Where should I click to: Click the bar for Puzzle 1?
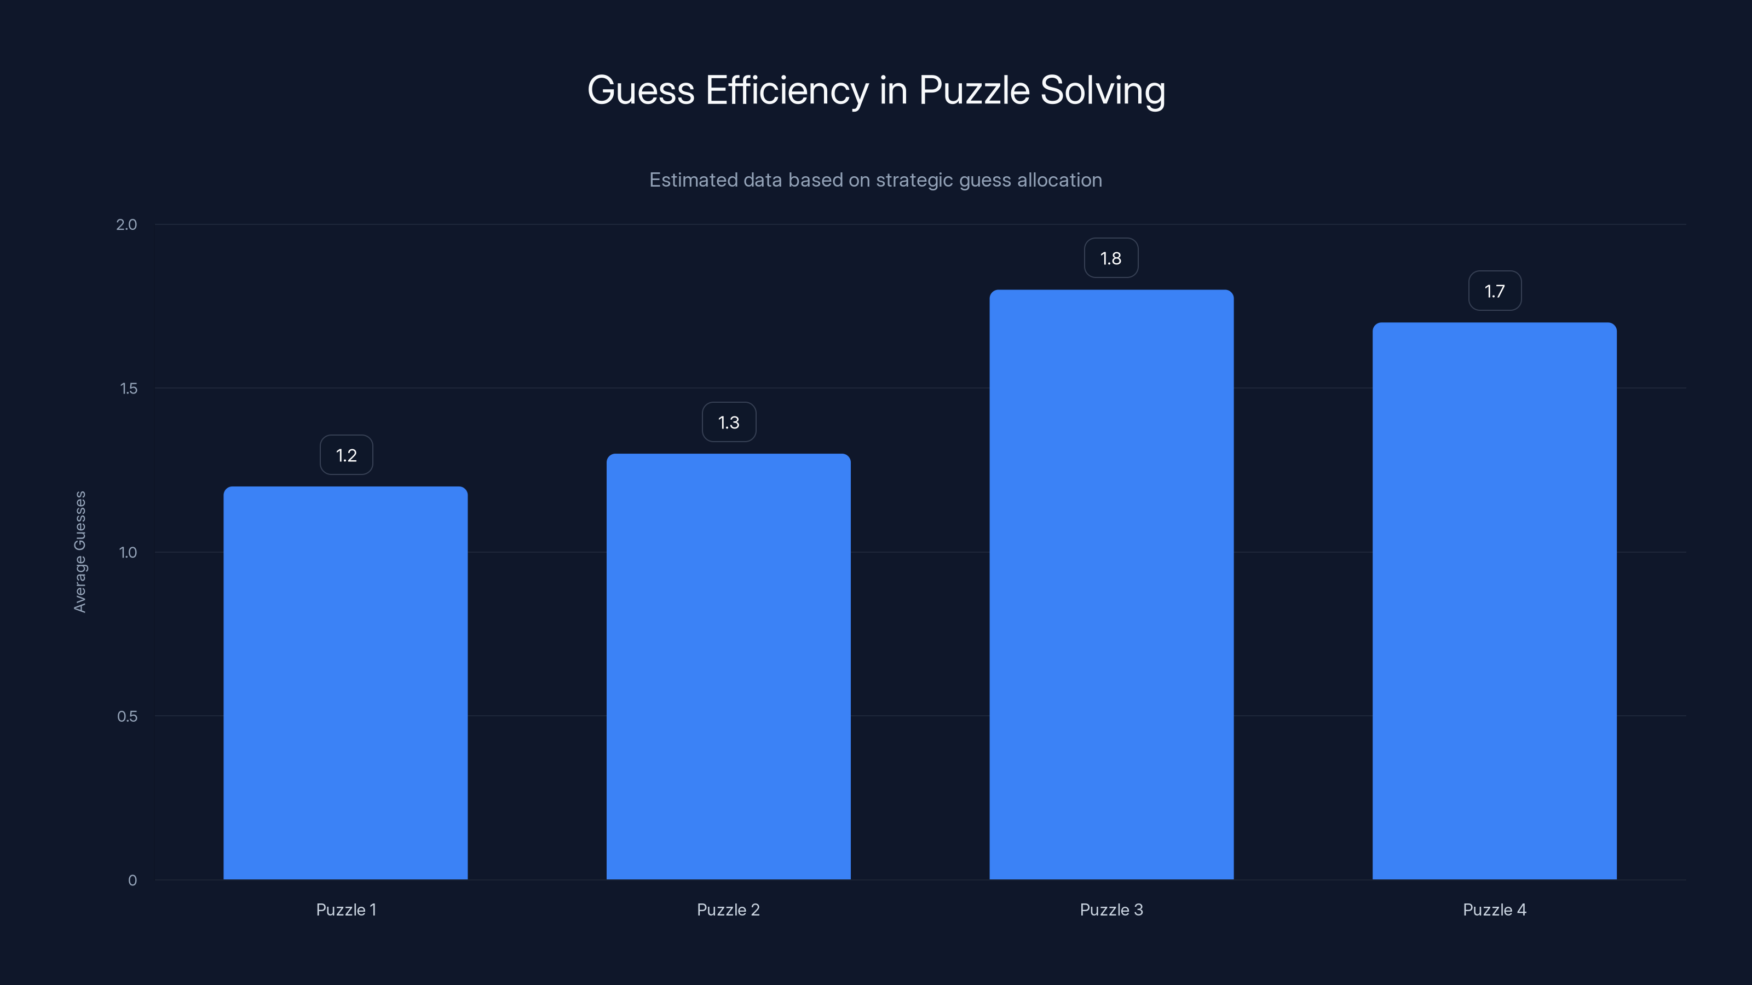345,682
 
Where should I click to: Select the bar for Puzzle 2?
728,666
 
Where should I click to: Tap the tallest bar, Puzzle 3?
1111,584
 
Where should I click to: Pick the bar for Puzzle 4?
1494,601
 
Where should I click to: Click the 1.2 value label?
346,455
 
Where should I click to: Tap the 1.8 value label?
1111,258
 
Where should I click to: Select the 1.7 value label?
1494,292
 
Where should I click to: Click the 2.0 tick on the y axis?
126,225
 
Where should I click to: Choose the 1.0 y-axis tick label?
128,553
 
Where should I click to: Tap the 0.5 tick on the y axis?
127,716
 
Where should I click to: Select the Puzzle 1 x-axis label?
346,909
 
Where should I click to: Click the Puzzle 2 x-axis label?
728,909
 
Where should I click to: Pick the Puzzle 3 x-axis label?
1111,909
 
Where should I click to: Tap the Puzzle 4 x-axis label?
1494,909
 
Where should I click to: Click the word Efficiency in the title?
787,90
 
